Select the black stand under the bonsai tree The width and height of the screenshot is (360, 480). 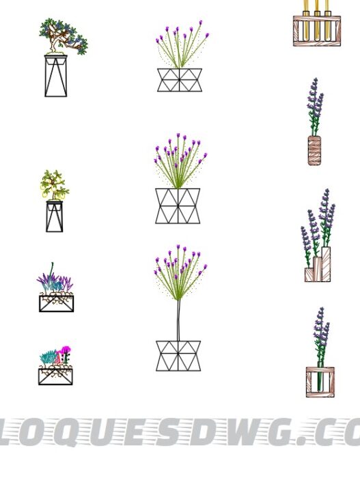(x=56, y=76)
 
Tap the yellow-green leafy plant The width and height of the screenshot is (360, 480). (x=54, y=184)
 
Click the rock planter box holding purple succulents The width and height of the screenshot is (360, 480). (x=56, y=302)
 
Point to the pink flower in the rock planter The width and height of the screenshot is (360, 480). (x=66, y=351)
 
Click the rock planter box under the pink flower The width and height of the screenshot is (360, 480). (x=55, y=376)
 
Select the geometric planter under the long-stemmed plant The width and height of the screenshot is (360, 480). (x=178, y=356)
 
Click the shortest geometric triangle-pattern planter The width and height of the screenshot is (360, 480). (x=180, y=79)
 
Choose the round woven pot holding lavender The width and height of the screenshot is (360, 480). (x=314, y=150)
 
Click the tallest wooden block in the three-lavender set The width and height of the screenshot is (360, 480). (x=326, y=264)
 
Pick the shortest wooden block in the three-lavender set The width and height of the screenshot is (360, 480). (x=309, y=274)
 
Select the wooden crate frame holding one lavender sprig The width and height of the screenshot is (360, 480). (x=320, y=382)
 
